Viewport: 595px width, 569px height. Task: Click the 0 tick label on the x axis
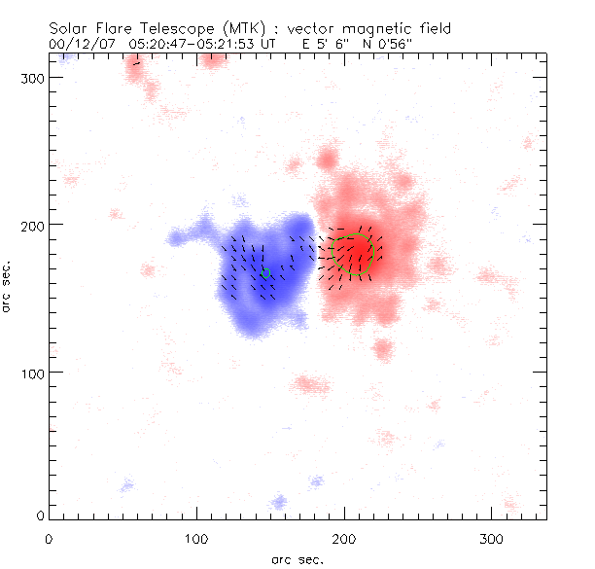(49, 538)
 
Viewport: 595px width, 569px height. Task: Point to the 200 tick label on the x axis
(342, 538)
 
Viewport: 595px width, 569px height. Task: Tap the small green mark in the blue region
(265, 271)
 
